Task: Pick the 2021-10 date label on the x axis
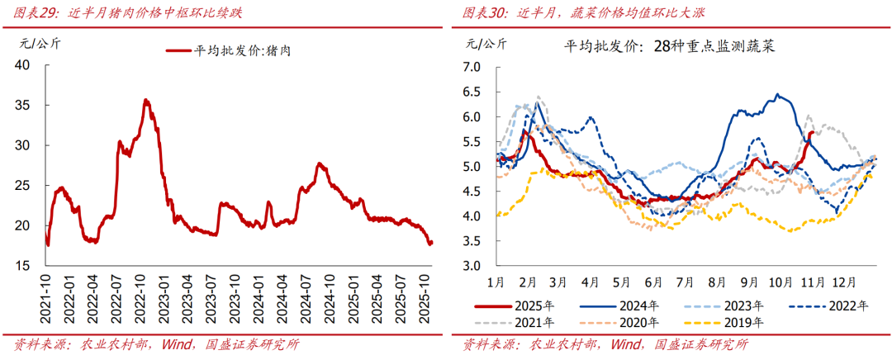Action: [47, 302]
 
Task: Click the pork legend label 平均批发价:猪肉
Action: [245, 50]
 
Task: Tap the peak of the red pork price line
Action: [146, 100]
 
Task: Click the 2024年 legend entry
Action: [641, 305]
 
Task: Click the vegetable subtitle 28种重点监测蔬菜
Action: [712, 46]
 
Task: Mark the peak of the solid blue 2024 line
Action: [778, 95]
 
